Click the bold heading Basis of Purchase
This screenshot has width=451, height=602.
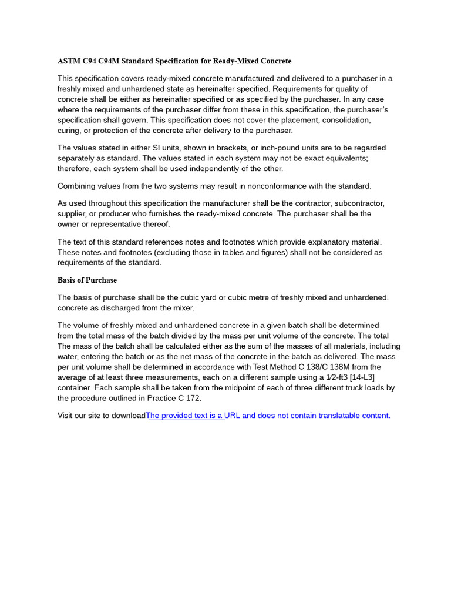pos(87,280)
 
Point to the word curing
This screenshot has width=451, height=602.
pos(70,131)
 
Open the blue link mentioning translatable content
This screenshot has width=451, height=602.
pos(268,416)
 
